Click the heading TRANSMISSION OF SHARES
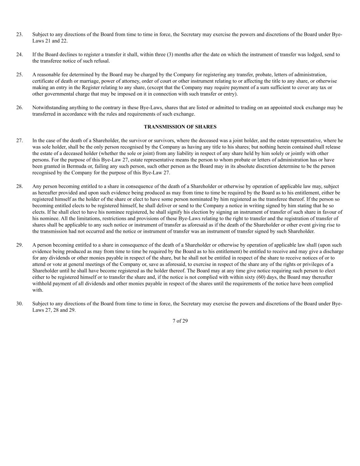tap(180, 127)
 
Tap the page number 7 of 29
tap(180, 321)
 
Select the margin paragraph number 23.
tap(19, 34)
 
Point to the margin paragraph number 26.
tap(19, 108)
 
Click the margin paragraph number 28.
tap(19, 186)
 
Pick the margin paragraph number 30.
tap(19, 304)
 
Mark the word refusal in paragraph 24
tap(102, 61)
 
